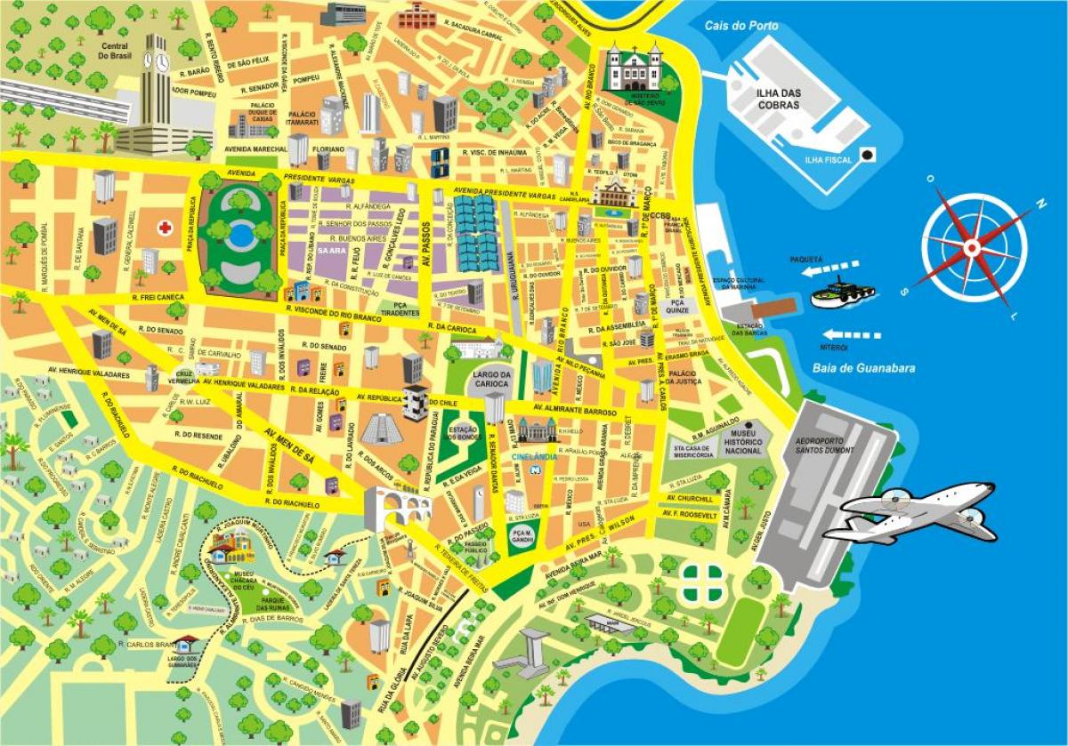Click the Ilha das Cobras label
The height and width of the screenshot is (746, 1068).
tap(773, 99)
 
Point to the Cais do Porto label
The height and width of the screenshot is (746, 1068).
tap(740, 26)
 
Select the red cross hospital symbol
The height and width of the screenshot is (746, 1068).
tap(165, 228)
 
